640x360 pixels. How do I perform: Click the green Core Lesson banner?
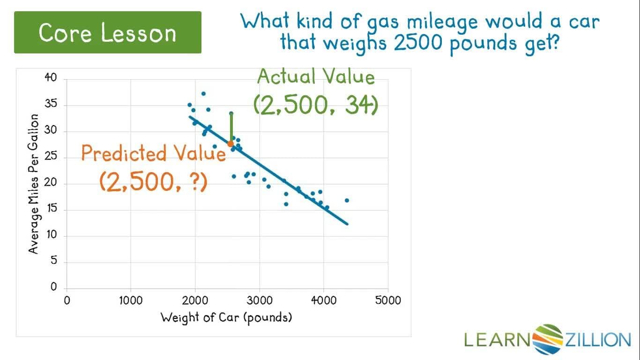click(108, 32)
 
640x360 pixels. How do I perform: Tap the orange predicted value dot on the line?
click(231, 144)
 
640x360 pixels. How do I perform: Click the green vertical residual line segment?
click(231, 127)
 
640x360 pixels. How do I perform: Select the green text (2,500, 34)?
click(315, 105)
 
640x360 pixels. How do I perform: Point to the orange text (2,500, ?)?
click(153, 181)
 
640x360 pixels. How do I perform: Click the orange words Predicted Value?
click(153, 153)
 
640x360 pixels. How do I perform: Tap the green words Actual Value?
click(316, 76)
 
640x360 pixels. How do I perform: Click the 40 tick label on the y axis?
click(50, 78)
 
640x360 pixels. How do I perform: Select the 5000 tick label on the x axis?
click(388, 300)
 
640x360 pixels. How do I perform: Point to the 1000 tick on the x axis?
click(131, 300)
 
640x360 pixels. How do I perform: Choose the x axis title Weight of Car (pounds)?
click(226, 317)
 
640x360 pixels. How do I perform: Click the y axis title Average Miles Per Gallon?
click(33, 183)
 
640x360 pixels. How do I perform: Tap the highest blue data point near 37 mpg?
click(203, 94)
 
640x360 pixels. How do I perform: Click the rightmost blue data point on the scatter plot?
click(347, 200)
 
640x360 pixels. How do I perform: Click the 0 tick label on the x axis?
click(67, 300)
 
